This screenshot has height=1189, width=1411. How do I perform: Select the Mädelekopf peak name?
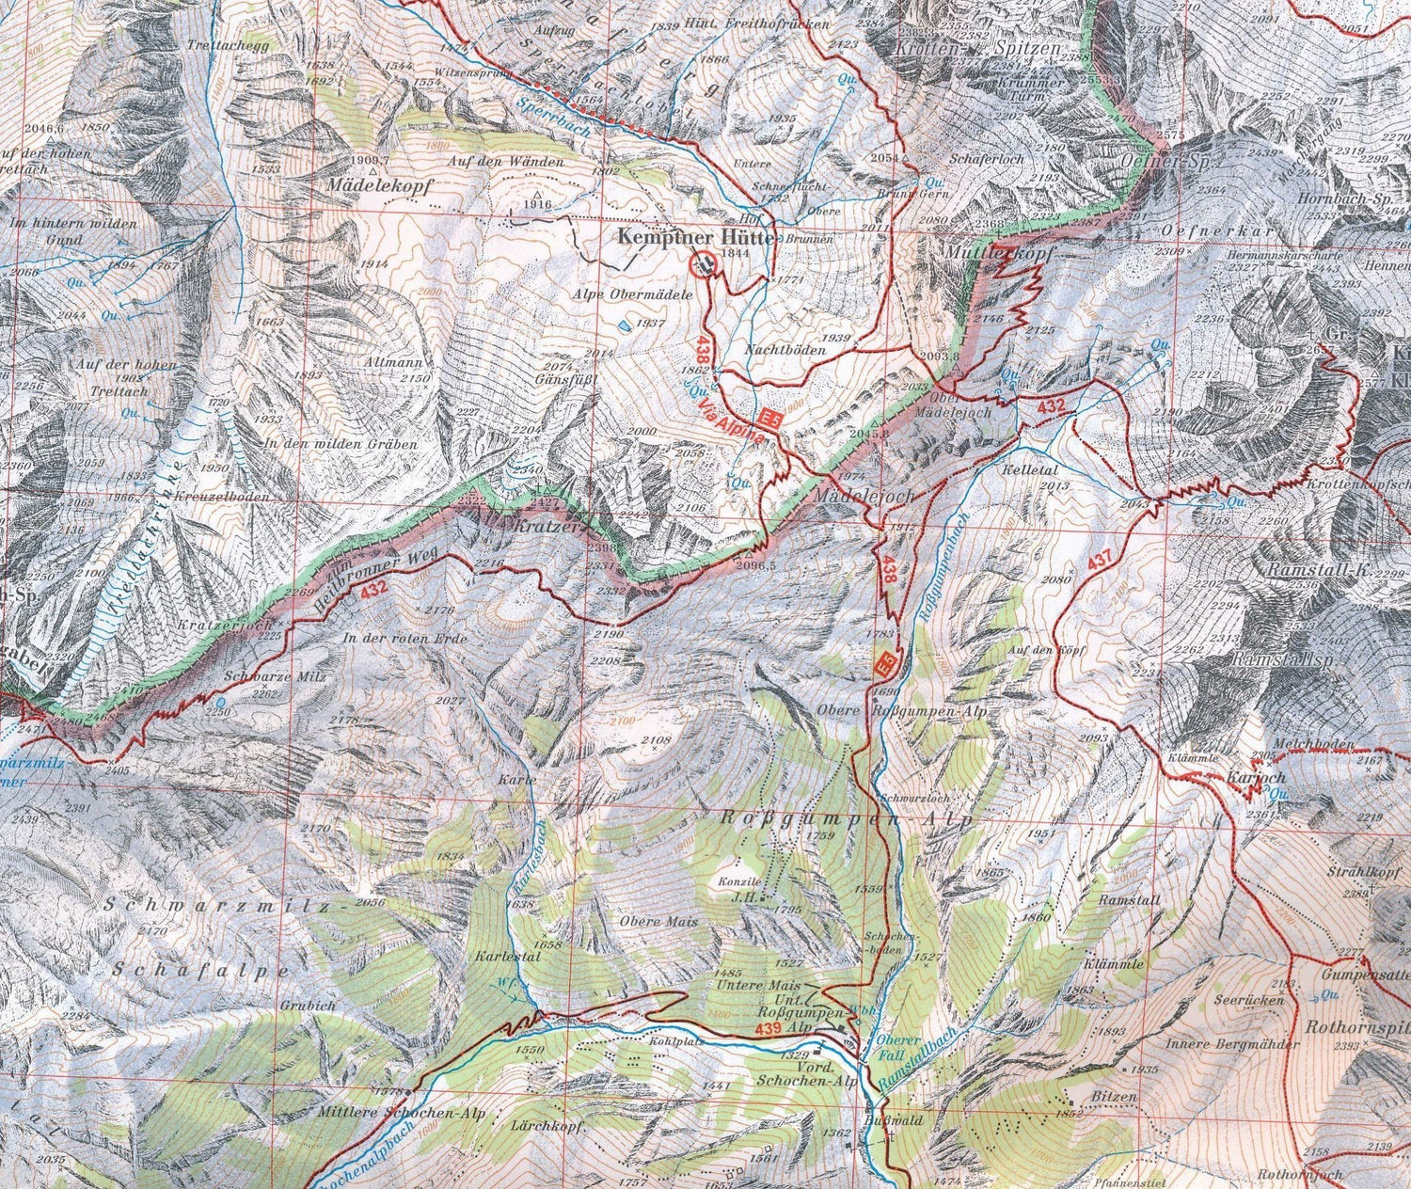pyautogui.click(x=379, y=186)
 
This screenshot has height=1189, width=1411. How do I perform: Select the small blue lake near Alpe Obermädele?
pyautogui.click(x=624, y=327)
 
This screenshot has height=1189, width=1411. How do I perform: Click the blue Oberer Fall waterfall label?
pyautogui.click(x=891, y=1048)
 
